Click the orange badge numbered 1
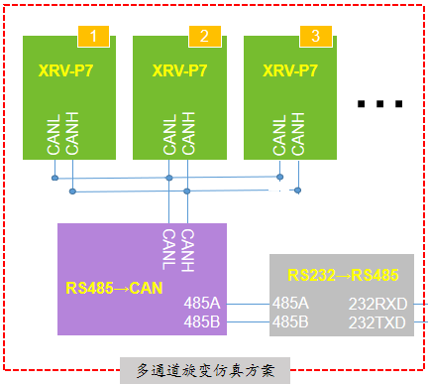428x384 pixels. pyautogui.click(x=94, y=37)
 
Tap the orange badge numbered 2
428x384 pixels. pyautogui.click(x=204, y=37)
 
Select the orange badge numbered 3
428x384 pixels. pyautogui.click(x=315, y=37)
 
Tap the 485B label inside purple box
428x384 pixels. pyautogui.click(x=203, y=321)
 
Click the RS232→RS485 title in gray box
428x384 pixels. pyautogui.click(x=343, y=274)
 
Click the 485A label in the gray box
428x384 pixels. pyautogui.click(x=290, y=304)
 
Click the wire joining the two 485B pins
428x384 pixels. pyautogui.click(x=248, y=321)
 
